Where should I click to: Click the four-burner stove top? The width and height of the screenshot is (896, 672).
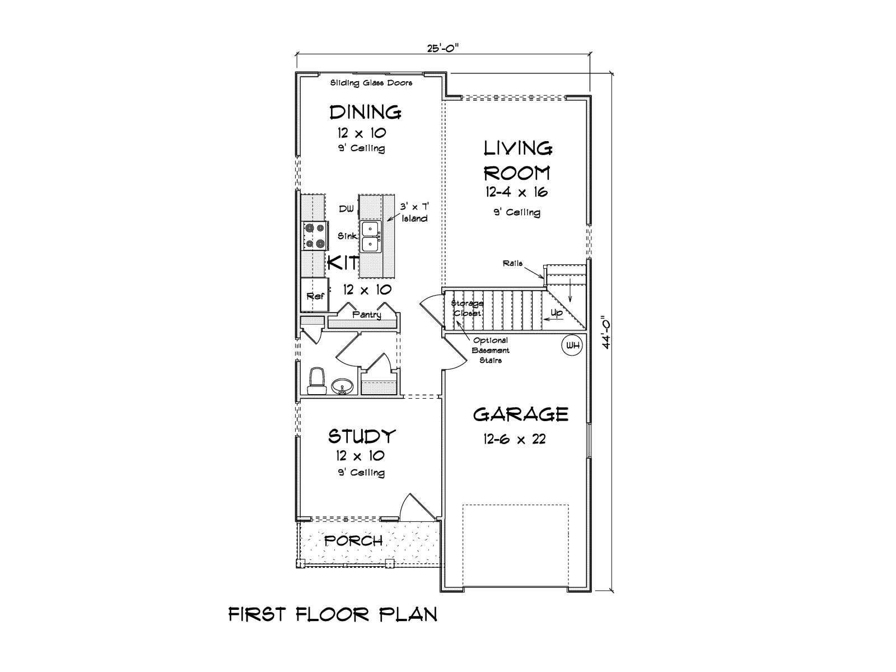pyautogui.click(x=315, y=235)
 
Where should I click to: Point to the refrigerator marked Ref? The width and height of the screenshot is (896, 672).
pyautogui.click(x=315, y=295)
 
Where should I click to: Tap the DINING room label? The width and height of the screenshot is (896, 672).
pyautogui.click(x=365, y=112)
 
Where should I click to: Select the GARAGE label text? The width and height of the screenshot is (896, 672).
pyautogui.click(x=520, y=414)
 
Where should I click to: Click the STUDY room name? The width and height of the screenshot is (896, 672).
pyautogui.click(x=362, y=436)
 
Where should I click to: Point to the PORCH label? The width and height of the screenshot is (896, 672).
pyautogui.click(x=353, y=541)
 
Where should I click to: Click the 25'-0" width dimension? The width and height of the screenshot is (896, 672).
pyautogui.click(x=443, y=48)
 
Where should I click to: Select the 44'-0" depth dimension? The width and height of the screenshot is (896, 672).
pyautogui.click(x=606, y=333)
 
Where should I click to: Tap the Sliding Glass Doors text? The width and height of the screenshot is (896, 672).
pyautogui.click(x=371, y=83)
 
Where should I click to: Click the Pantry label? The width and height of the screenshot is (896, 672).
pyautogui.click(x=367, y=315)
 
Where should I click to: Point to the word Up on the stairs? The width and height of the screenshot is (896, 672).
pyautogui.click(x=557, y=313)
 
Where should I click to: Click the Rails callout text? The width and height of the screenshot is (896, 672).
pyautogui.click(x=512, y=263)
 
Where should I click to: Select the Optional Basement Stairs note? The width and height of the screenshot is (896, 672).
pyautogui.click(x=490, y=350)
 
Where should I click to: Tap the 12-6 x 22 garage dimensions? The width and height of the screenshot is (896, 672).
pyautogui.click(x=515, y=439)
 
